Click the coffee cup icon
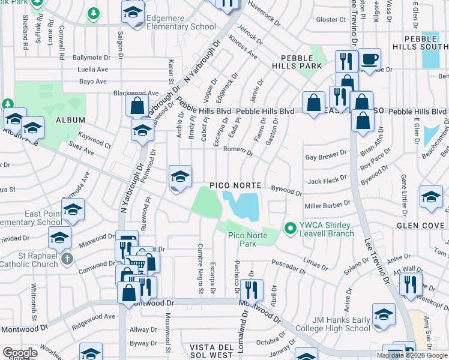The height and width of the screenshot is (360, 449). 370,59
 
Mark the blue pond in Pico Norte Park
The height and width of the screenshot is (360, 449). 243,205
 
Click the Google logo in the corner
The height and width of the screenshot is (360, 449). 20,353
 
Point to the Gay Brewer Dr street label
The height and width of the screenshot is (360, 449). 327,156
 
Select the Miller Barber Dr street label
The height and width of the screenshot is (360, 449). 327,205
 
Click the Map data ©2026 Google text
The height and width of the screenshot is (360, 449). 411,355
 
